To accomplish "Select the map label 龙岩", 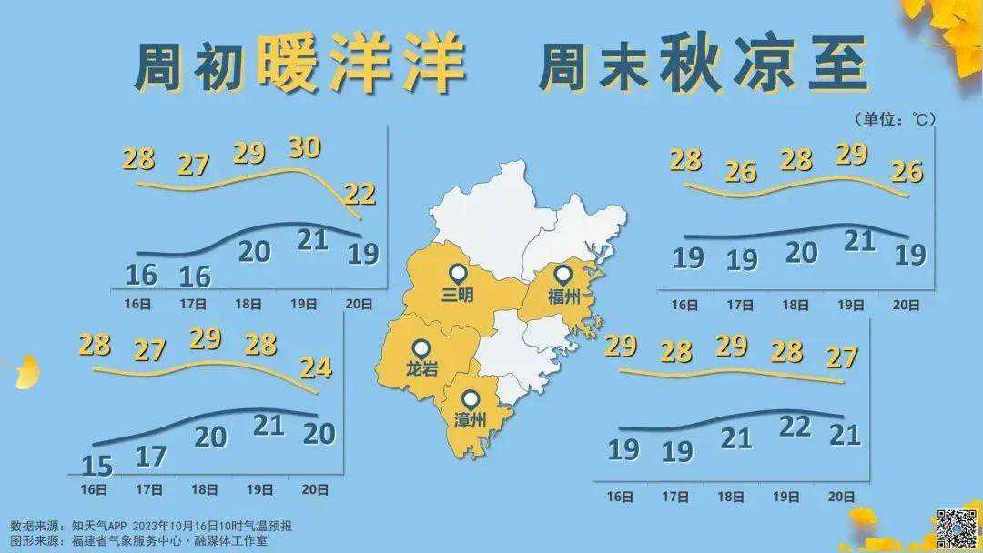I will pos(421,370).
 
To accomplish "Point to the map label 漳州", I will pos(470,420).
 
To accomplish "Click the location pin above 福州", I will pos(563,274).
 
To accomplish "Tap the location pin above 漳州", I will pos(470,398).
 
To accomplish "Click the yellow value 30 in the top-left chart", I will pos(304,146).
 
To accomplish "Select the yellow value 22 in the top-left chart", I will pos(360,193).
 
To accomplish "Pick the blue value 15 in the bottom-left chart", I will pos(96,466).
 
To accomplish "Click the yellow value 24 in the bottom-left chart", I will pos(316,367).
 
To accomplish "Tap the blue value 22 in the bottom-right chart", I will pos(795,426).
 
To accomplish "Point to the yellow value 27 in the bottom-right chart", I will pos(843,357).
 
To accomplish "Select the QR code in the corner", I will pos(957,528).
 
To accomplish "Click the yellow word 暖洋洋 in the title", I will pos(361,66).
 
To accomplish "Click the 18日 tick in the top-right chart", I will pos(796,306).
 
